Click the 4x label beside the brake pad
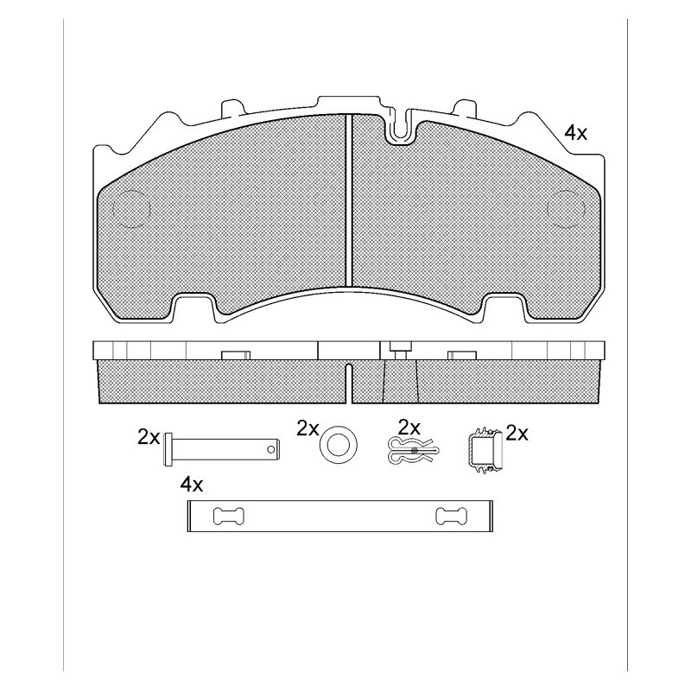pyautogui.click(x=576, y=132)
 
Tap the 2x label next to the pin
pyautogui.click(x=149, y=437)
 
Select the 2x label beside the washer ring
pyautogui.click(x=307, y=428)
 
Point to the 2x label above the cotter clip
pyautogui.click(x=409, y=427)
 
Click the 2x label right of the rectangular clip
pyautogui.click(x=517, y=434)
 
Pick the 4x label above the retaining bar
pyautogui.click(x=192, y=485)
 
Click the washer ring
pyautogui.click(x=338, y=444)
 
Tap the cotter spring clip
pyautogui.click(x=413, y=450)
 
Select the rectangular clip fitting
pyautogui.click(x=485, y=449)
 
